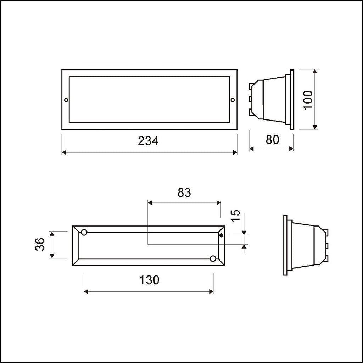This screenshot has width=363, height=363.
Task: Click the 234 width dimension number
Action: pos(148,141)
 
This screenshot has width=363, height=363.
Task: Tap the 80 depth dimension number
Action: pos(273,140)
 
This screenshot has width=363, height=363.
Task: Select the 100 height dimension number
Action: pos(308,100)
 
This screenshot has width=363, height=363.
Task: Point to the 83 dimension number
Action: pos(184,192)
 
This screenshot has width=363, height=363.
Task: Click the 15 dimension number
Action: pos(236,216)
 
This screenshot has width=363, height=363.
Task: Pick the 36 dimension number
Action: pos(40,244)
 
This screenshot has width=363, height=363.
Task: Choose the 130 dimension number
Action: pos(149,280)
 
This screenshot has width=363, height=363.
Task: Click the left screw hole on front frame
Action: pos(66,100)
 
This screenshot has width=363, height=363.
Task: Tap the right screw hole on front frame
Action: pos(233,100)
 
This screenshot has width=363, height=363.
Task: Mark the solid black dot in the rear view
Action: pos(221,235)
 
